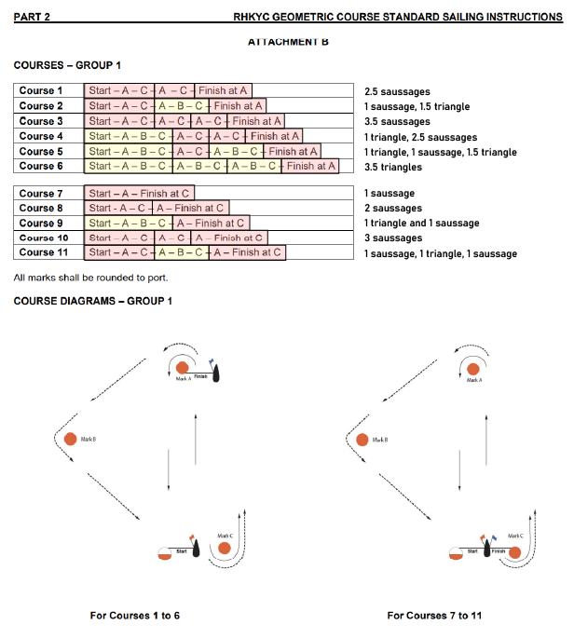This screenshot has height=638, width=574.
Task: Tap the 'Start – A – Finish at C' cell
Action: point(140,193)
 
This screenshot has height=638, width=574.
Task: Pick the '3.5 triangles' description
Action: point(393,167)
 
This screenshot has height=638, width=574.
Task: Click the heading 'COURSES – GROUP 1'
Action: point(67,65)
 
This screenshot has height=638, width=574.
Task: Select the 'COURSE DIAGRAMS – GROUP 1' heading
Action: point(92,300)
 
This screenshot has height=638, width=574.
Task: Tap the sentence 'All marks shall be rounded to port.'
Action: point(89,278)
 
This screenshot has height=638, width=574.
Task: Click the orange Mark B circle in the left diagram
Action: point(71,439)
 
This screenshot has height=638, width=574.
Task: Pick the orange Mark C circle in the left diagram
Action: point(225,548)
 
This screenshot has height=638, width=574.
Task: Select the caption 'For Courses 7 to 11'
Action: point(434,616)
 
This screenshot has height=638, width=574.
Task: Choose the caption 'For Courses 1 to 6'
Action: point(135,616)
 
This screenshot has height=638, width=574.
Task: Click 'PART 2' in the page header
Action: point(33,18)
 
